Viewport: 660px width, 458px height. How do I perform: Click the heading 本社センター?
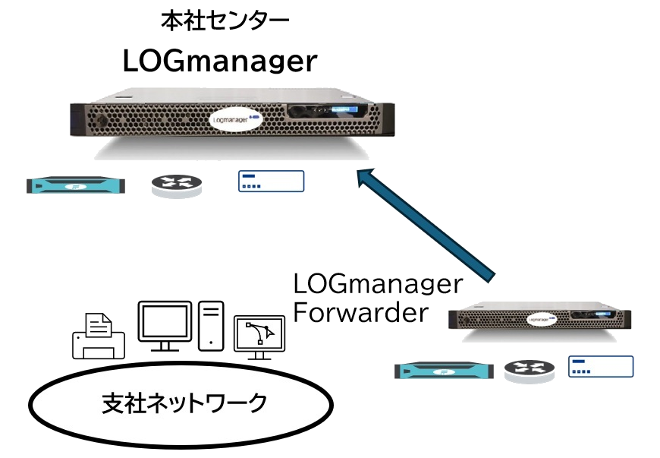coord(225,21)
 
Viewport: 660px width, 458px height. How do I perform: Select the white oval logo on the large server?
coord(235,120)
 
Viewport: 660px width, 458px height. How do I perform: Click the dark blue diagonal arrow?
coord(429,225)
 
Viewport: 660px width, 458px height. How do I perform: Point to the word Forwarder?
coord(361,311)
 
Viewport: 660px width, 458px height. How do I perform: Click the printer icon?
coord(97,335)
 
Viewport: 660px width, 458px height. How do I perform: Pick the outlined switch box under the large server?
coord(271,181)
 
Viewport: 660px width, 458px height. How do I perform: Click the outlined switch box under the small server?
coord(601,366)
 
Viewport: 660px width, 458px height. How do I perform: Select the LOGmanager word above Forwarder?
coord(377,285)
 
